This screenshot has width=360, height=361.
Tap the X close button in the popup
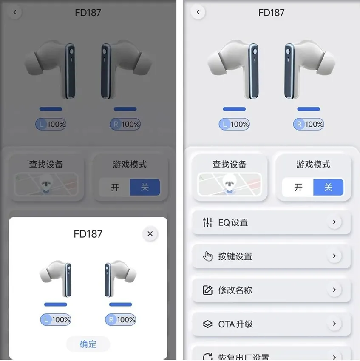[x=150, y=234]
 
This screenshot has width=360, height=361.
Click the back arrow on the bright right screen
[x=198, y=12]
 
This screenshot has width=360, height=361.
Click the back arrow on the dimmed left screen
[x=15, y=12]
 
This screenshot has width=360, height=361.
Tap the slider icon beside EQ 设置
[x=207, y=222]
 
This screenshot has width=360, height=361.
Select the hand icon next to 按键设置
[x=207, y=256]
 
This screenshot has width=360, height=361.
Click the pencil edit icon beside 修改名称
[x=207, y=290]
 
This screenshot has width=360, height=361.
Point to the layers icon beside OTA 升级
[x=207, y=324]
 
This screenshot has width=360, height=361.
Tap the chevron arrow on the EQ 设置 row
[x=334, y=222]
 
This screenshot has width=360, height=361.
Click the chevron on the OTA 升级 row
[x=334, y=324]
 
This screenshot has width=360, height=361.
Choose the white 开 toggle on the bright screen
[x=298, y=187]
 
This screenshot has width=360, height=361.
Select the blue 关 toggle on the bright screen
[x=328, y=187]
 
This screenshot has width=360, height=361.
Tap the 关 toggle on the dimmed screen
[x=145, y=187]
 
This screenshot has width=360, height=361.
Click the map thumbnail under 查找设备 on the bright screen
[x=230, y=184]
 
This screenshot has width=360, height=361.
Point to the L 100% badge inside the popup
[x=56, y=320]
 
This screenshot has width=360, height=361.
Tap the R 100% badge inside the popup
[x=120, y=320]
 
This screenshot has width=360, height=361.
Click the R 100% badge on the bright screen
[x=309, y=124]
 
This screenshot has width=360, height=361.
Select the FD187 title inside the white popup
[x=88, y=234]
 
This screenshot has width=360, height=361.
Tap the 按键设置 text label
[x=235, y=256]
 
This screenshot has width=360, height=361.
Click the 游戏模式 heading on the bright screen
[x=313, y=165]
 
